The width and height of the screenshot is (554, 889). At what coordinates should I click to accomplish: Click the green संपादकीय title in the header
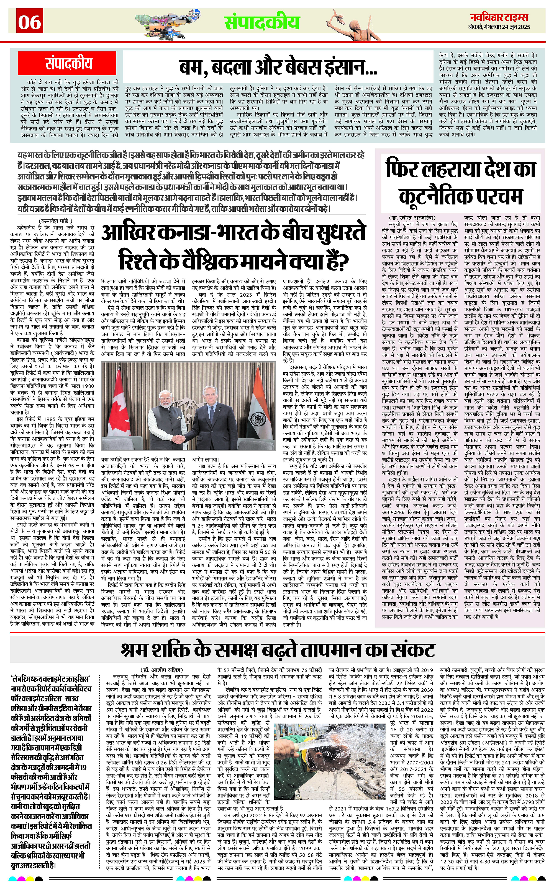[262, 23]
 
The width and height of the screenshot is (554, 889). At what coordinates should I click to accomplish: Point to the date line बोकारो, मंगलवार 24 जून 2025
[499, 27]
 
